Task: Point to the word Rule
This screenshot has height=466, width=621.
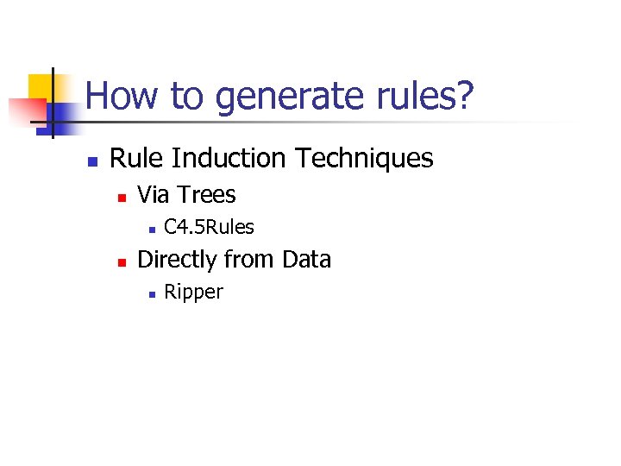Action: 137,159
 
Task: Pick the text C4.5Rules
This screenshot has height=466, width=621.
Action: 209,227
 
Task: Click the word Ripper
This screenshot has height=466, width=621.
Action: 193,293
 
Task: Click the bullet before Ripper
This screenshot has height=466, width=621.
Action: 150,294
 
